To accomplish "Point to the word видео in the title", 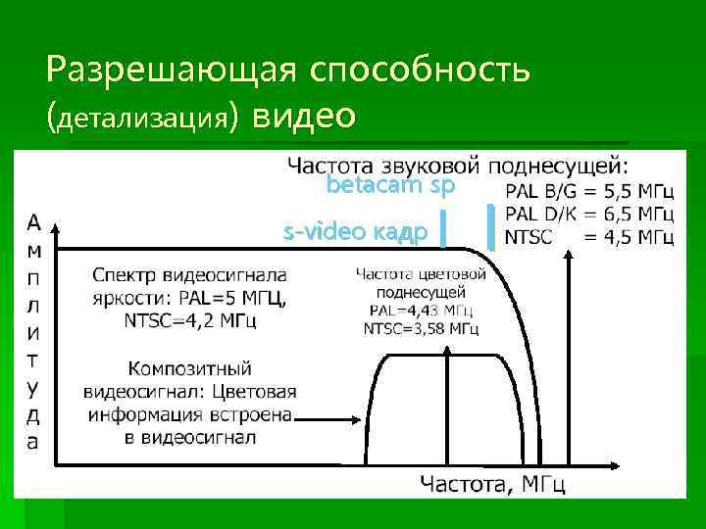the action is coord(303,115).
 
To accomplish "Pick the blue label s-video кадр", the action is coord(354,232).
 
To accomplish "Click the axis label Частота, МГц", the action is coord(492,482).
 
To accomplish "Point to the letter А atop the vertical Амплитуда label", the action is coord(34,220).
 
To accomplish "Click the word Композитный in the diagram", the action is coord(189,369).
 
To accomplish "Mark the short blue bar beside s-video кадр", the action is coord(443,230).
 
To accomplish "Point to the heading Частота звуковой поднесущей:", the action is coord(458,163).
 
